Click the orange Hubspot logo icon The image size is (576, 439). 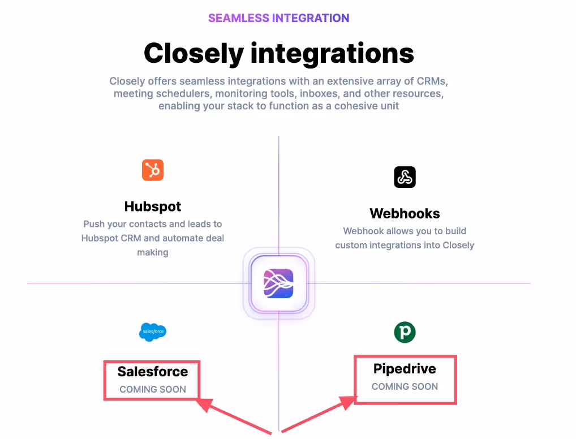pyautogui.click(x=152, y=170)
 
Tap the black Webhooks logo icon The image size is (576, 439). pyautogui.click(x=405, y=177)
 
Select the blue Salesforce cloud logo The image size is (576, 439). pyautogui.click(x=153, y=332)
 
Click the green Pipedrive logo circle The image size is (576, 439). pyautogui.click(x=405, y=332)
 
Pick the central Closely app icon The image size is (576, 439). pyautogui.click(x=278, y=283)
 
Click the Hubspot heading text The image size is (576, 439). pyautogui.click(x=153, y=206)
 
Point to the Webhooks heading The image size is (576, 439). pyautogui.click(x=405, y=213)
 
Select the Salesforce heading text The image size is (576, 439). pyautogui.click(x=153, y=372)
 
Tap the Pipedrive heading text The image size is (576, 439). pyautogui.click(x=405, y=369)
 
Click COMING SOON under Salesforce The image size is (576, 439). pyautogui.click(x=153, y=390)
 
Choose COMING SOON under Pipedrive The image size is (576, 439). pyautogui.click(x=405, y=386)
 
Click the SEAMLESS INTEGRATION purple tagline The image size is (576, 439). pyautogui.click(x=278, y=18)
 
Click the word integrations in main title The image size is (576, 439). pyautogui.click(x=333, y=53)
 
